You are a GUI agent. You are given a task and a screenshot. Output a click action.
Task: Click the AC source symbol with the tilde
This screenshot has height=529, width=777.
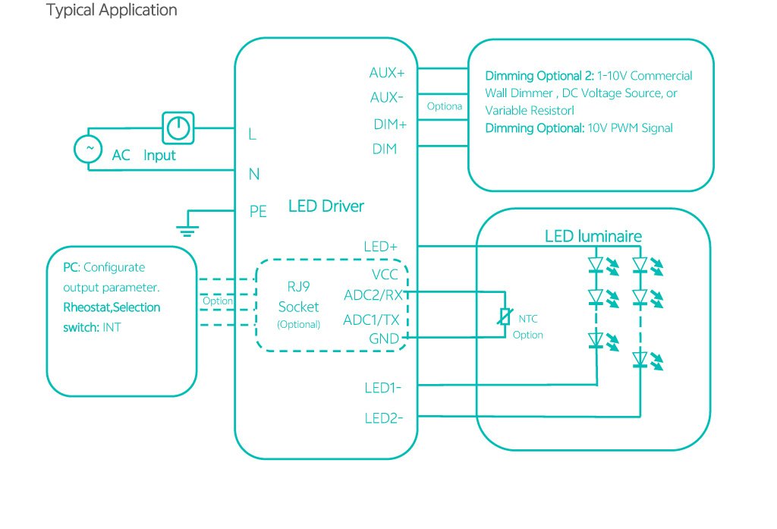[88, 149]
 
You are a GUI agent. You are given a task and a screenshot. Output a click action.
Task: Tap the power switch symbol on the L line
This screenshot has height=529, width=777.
[178, 128]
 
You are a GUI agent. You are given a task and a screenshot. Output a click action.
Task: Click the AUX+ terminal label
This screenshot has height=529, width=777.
[387, 74]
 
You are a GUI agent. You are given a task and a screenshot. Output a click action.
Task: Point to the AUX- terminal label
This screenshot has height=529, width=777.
[387, 98]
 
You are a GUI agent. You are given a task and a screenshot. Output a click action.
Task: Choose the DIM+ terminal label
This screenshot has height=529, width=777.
[390, 124]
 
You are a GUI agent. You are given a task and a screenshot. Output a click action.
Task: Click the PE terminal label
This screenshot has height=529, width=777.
[258, 212]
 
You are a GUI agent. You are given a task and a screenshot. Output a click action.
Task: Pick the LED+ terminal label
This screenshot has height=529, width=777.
[381, 247]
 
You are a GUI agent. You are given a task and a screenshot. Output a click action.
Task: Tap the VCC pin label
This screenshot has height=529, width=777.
[385, 274]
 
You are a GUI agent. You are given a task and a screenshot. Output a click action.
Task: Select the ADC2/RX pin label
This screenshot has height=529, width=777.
[376, 295]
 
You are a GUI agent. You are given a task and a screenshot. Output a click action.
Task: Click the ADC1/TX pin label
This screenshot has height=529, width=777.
[371, 320]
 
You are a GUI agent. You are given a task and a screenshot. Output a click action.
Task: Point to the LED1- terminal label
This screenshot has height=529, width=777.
[382, 389]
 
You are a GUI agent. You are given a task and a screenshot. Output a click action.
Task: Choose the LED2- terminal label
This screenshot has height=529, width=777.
[383, 417]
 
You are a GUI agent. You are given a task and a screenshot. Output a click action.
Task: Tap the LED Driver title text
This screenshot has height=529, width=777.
[326, 206]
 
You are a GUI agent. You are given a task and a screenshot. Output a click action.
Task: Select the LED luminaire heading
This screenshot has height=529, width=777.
[593, 237]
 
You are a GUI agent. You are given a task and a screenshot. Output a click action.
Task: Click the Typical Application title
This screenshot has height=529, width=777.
[112, 11]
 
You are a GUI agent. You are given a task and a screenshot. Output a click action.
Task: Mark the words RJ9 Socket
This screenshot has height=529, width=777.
[298, 299]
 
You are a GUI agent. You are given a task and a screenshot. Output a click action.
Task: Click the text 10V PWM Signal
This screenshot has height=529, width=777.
[630, 128]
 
